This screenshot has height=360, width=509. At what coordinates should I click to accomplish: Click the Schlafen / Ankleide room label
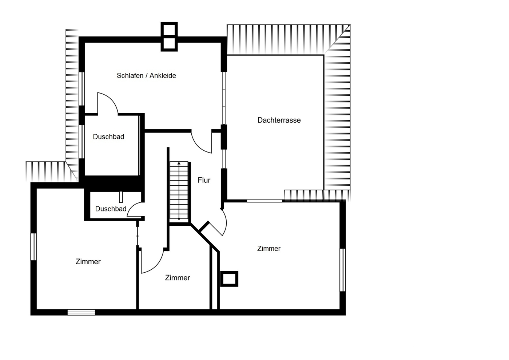pos(146,75)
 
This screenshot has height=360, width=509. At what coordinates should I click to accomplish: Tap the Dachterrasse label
pos(279,120)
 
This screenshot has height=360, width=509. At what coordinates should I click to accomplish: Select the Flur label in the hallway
pos(204,180)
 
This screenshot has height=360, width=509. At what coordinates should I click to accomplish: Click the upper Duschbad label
pos(108,137)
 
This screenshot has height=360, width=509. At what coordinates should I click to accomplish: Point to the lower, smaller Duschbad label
pos(111,209)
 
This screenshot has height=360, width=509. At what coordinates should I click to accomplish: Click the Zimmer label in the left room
pos(88,262)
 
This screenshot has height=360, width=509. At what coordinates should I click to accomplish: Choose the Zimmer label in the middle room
pos(178,278)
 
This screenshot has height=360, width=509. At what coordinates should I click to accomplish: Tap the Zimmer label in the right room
pos(269,249)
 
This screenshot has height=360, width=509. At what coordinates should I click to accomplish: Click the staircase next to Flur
pos(179,190)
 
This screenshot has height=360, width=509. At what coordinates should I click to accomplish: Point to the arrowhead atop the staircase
pos(179,163)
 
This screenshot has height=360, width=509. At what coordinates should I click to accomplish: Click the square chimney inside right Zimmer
pos(229,278)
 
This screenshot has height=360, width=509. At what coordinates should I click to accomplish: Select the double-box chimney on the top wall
pos(169,37)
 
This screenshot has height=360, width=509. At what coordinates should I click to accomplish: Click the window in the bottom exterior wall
pos(81,312)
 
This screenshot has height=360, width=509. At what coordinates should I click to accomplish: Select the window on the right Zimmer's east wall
pos(343,270)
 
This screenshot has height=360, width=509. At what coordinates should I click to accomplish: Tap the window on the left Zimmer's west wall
pos(33,247)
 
